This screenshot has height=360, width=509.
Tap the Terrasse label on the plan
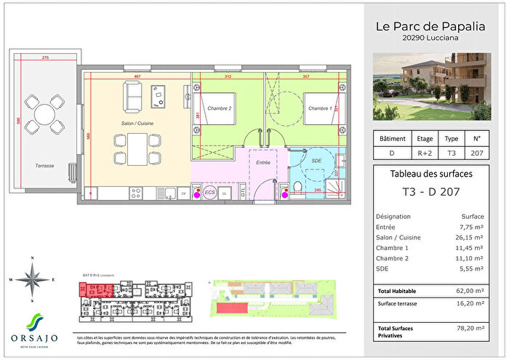coord(24,166)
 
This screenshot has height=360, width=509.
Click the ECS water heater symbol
coord(209,193)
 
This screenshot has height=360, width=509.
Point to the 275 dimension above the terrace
coord(45,57)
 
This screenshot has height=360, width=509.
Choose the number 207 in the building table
coord(476,153)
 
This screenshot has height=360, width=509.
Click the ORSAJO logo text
coord(32,337)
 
